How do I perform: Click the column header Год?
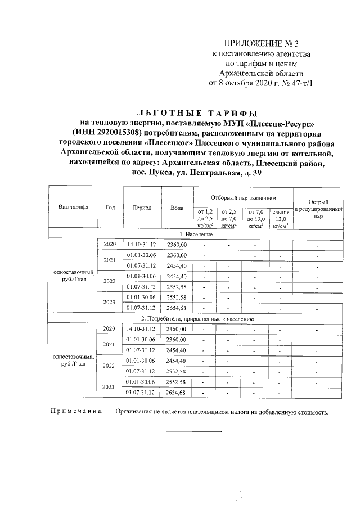click(110, 207)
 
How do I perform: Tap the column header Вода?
click(177, 207)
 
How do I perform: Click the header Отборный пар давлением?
click(244, 198)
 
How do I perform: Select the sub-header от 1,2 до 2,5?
click(205, 218)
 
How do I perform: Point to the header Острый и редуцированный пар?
click(318, 208)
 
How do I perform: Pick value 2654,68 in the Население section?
click(177, 307)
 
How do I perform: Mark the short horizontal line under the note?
click(193, 431)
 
